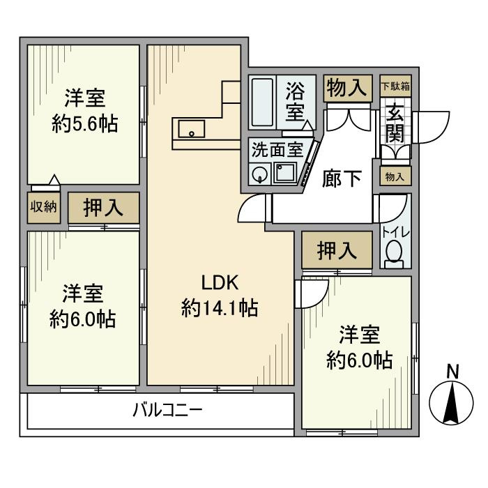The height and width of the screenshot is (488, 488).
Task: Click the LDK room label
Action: [220, 282]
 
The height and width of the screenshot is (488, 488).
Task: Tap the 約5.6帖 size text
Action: [84, 124]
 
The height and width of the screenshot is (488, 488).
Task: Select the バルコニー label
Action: [168, 410]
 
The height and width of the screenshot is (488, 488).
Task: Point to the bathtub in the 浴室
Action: [262, 102]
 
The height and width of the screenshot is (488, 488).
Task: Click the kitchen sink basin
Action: [192, 129]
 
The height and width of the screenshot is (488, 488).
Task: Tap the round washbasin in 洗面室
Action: [259, 173]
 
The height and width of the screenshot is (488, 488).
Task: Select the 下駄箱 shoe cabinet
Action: [395, 86]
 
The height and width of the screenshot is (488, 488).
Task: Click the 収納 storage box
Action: [43, 208]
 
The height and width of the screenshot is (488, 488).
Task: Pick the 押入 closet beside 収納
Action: [104, 208]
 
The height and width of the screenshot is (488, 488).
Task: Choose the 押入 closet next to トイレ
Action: [337, 250]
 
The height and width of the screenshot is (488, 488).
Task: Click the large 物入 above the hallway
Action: [348, 88]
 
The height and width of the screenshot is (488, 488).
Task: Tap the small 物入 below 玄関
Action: [395, 176]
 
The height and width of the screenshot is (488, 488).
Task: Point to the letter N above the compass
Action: [453, 372]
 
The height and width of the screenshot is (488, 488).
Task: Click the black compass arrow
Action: [451, 403]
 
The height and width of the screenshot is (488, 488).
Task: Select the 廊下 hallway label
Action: [342, 179]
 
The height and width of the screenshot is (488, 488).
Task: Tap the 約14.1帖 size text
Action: [220, 308]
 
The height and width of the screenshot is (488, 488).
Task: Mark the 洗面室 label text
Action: [277, 150]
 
